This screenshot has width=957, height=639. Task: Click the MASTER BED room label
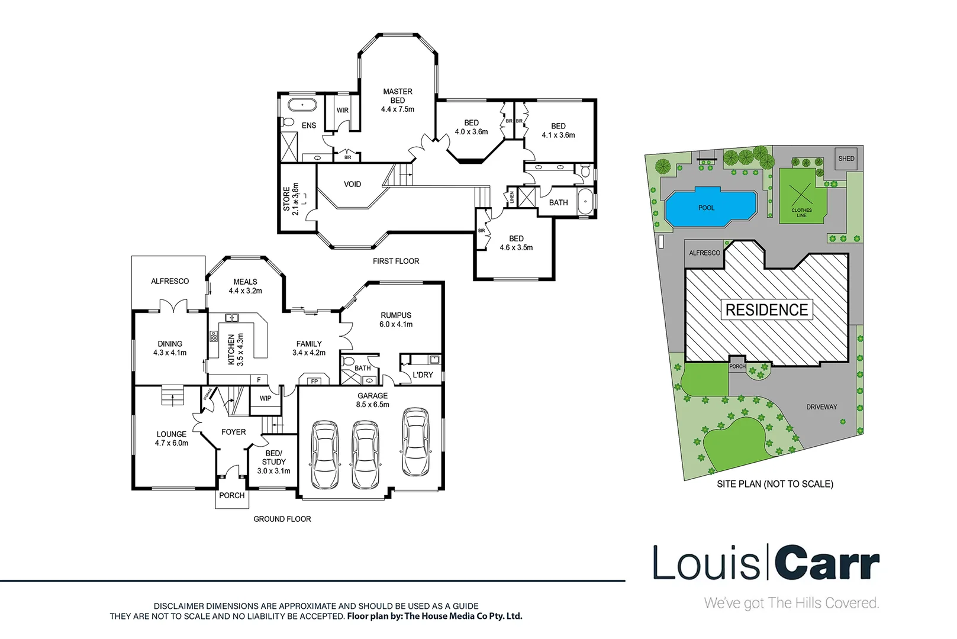click(397, 100)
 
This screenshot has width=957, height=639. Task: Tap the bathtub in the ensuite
click(302, 106)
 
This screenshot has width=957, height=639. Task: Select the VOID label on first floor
click(352, 184)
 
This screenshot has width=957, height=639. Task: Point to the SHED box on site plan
click(846, 159)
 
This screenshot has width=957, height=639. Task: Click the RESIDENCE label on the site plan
click(766, 309)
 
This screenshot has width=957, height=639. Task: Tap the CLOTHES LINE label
click(801, 212)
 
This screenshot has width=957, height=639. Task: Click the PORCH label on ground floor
click(231, 495)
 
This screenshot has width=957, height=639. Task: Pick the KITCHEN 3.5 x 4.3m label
click(236, 349)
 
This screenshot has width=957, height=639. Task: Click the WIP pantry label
click(265, 398)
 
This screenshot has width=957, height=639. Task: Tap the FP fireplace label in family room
click(314, 382)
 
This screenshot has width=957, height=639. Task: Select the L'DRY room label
click(423, 375)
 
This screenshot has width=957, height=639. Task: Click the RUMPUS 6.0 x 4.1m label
click(396, 319)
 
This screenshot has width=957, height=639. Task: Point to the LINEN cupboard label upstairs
click(511, 197)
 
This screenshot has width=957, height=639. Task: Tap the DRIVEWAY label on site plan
click(821, 407)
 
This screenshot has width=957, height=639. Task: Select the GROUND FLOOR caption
click(282, 519)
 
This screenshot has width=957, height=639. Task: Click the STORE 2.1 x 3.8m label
click(291, 199)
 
